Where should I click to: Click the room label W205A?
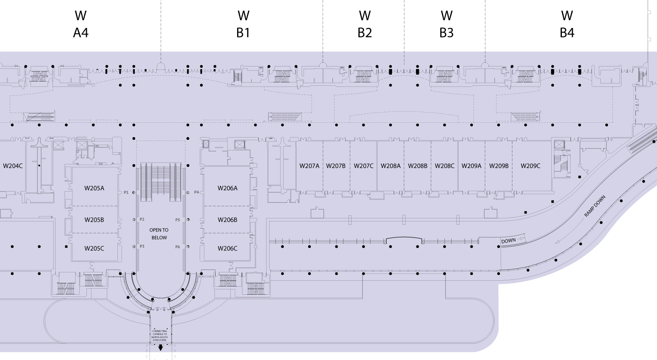click(94, 188)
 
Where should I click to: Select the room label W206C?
click(227, 248)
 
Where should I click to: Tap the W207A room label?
click(309, 166)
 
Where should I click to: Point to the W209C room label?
click(530, 166)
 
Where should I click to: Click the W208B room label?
click(418, 166)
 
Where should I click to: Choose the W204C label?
click(13, 166)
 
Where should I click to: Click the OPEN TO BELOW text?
click(159, 234)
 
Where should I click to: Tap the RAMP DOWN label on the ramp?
click(595, 206)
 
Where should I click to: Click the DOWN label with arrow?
click(509, 241)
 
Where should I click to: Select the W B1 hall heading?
click(244, 24)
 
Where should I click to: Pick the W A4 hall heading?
click(80, 24)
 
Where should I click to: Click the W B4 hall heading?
click(567, 24)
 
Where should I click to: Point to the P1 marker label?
click(126, 193)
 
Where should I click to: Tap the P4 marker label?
click(196, 192)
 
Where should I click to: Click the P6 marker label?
click(177, 247)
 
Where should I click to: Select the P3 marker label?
click(142, 246)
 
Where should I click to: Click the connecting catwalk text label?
click(160, 335)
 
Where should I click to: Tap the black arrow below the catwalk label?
click(160, 348)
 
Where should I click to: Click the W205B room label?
click(94, 220)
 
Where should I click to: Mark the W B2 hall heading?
click(365, 24)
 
